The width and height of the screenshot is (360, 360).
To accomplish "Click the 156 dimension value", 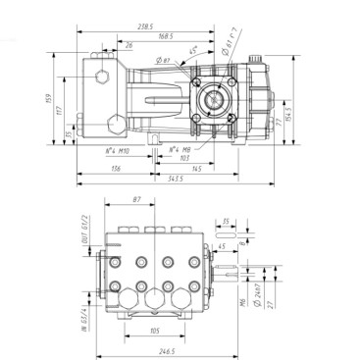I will [x=117, y=169].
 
